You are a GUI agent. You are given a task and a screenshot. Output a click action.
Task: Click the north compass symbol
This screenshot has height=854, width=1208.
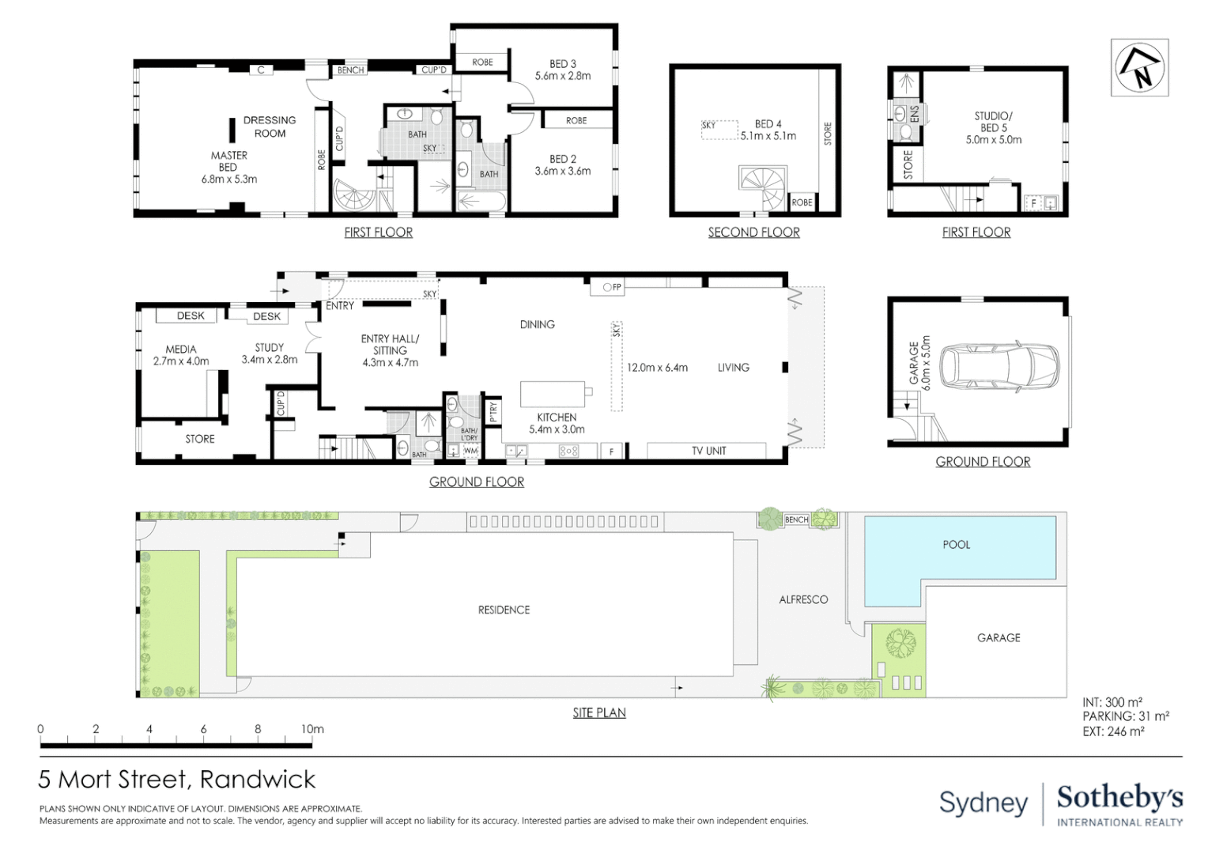[x=1138, y=68]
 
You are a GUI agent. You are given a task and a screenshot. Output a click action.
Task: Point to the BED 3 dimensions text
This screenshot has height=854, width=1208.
[x=562, y=76]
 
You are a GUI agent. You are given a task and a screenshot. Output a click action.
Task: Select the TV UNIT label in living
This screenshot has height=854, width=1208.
[x=708, y=451]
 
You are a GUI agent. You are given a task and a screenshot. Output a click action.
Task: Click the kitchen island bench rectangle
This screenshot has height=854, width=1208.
[x=552, y=392]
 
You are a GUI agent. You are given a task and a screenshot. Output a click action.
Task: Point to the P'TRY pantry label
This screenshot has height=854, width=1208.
[x=493, y=412]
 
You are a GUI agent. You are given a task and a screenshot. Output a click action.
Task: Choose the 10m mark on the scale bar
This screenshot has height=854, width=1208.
[x=312, y=729]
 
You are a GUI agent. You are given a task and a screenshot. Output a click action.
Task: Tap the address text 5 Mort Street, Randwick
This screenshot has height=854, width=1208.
[x=177, y=780]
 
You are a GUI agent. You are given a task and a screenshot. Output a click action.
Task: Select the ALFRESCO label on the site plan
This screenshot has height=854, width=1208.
[x=803, y=599]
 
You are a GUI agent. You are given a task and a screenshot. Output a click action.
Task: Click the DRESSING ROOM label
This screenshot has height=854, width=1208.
[x=270, y=127]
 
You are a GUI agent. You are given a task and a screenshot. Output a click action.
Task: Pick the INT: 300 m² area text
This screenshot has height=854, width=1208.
[x=1112, y=702]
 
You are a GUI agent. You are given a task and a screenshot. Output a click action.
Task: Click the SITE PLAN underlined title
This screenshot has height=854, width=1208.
[x=599, y=712]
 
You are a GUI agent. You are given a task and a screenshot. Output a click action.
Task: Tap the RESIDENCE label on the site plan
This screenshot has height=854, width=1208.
[x=504, y=610]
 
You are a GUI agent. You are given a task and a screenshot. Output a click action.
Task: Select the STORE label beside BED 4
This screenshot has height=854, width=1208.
[x=828, y=133]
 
